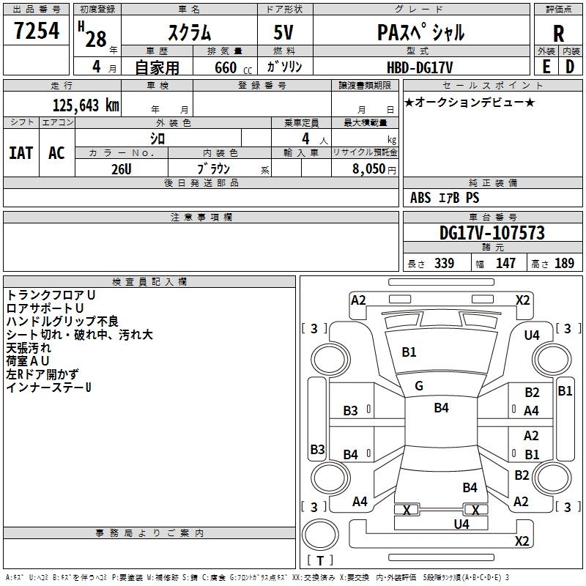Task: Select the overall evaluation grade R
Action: coord(558,34)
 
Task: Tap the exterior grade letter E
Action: coord(546,66)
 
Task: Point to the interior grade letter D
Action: coord(571,66)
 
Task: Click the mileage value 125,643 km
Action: coord(86,104)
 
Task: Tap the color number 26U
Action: coord(121,168)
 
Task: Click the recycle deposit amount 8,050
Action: coord(364,168)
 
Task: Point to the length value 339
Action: coord(443,264)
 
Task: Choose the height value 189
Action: coord(564,264)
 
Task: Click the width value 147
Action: coord(505,264)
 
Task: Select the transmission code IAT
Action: coord(21,152)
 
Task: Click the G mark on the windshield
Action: coord(419,386)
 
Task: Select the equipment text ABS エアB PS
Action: coord(445,198)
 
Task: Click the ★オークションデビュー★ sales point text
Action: coord(470,102)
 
